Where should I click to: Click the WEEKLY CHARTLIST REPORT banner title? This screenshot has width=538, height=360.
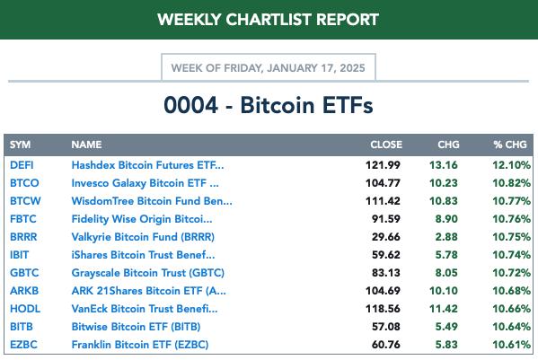(x=268, y=19)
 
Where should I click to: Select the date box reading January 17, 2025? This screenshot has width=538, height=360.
(x=269, y=66)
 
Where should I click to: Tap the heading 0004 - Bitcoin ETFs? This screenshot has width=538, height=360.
(x=269, y=105)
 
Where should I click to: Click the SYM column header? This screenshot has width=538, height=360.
(x=21, y=145)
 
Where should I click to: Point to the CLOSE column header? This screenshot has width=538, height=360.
(x=386, y=145)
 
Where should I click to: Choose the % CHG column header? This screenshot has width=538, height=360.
(x=510, y=145)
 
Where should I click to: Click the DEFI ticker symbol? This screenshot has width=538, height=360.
(x=22, y=165)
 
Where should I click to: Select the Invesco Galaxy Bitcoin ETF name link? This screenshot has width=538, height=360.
(x=145, y=183)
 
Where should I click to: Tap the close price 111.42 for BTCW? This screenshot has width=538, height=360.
(x=383, y=201)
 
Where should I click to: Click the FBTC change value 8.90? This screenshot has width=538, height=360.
(x=446, y=219)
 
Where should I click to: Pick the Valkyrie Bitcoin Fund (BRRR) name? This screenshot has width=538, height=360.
(x=143, y=237)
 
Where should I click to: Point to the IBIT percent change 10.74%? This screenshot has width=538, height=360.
(x=512, y=255)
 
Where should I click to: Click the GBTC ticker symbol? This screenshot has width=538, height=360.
(x=24, y=273)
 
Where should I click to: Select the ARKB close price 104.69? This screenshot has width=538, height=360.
(x=383, y=291)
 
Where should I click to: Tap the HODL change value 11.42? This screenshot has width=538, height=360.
(x=444, y=309)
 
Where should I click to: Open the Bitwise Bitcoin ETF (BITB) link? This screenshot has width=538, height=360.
(x=136, y=327)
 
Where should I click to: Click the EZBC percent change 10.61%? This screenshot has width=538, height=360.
(x=512, y=345)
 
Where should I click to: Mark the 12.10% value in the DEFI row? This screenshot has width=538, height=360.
(x=512, y=165)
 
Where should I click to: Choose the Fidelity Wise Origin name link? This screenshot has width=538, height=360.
(x=142, y=219)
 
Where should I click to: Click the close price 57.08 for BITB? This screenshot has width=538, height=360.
(x=386, y=327)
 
